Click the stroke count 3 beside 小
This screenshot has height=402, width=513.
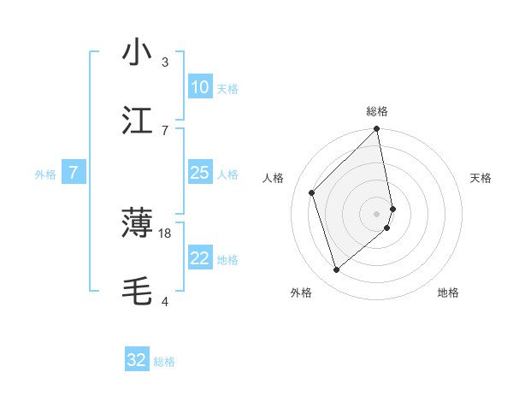pos(165,62)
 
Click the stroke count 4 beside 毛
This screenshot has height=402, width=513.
pos(165,302)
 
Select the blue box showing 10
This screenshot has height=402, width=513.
pos(200,87)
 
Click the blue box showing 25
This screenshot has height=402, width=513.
pos(200,173)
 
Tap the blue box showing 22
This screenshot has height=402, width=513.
pos(200,258)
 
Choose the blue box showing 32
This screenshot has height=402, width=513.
pos(137,360)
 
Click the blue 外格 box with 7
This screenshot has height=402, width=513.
pos(74,173)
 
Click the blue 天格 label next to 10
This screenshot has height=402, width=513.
pos(227,88)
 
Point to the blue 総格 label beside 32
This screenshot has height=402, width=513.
pos(164,362)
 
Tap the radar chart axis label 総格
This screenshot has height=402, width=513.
pos(377,111)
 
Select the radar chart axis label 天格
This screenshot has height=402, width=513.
pos(481,178)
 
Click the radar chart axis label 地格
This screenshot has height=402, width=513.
pos(448,293)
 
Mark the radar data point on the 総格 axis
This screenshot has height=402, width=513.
pos(377,130)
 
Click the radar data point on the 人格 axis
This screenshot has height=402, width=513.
pos(312,192)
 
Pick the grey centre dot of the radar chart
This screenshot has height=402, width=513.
pos(377,213)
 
